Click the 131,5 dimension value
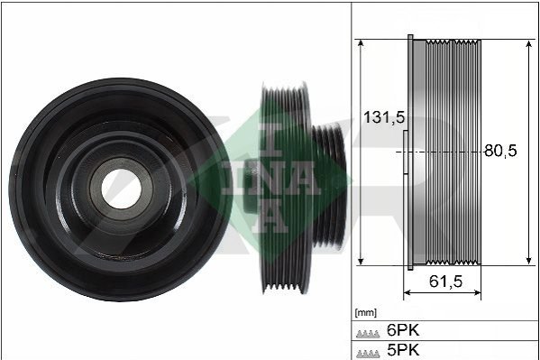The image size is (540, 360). [384, 117]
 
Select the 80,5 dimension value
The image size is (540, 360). [500, 151]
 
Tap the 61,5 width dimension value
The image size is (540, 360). [445, 282]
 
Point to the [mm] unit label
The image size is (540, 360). [366, 313]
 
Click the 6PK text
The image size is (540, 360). [403, 330]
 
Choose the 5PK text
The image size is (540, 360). [403, 350]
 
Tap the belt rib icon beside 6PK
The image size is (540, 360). [368, 334]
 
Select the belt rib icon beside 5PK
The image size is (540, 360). [368, 354]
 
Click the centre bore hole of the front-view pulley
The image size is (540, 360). [121, 189]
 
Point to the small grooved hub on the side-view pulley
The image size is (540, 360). [329, 186]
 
